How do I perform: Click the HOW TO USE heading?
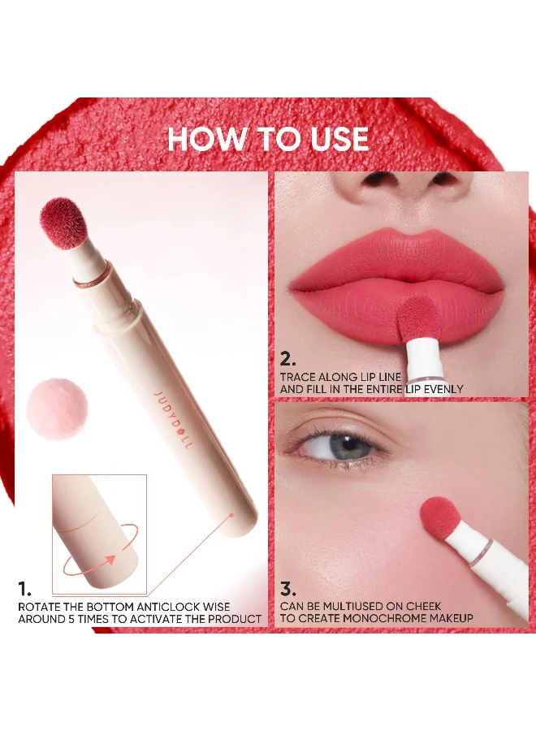pos(268,138)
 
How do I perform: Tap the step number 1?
pos(24,589)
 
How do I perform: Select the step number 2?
pos(288,360)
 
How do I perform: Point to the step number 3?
pos(287,590)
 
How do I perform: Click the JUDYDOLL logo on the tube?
pos(172,421)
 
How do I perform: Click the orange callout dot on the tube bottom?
pos(231,515)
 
